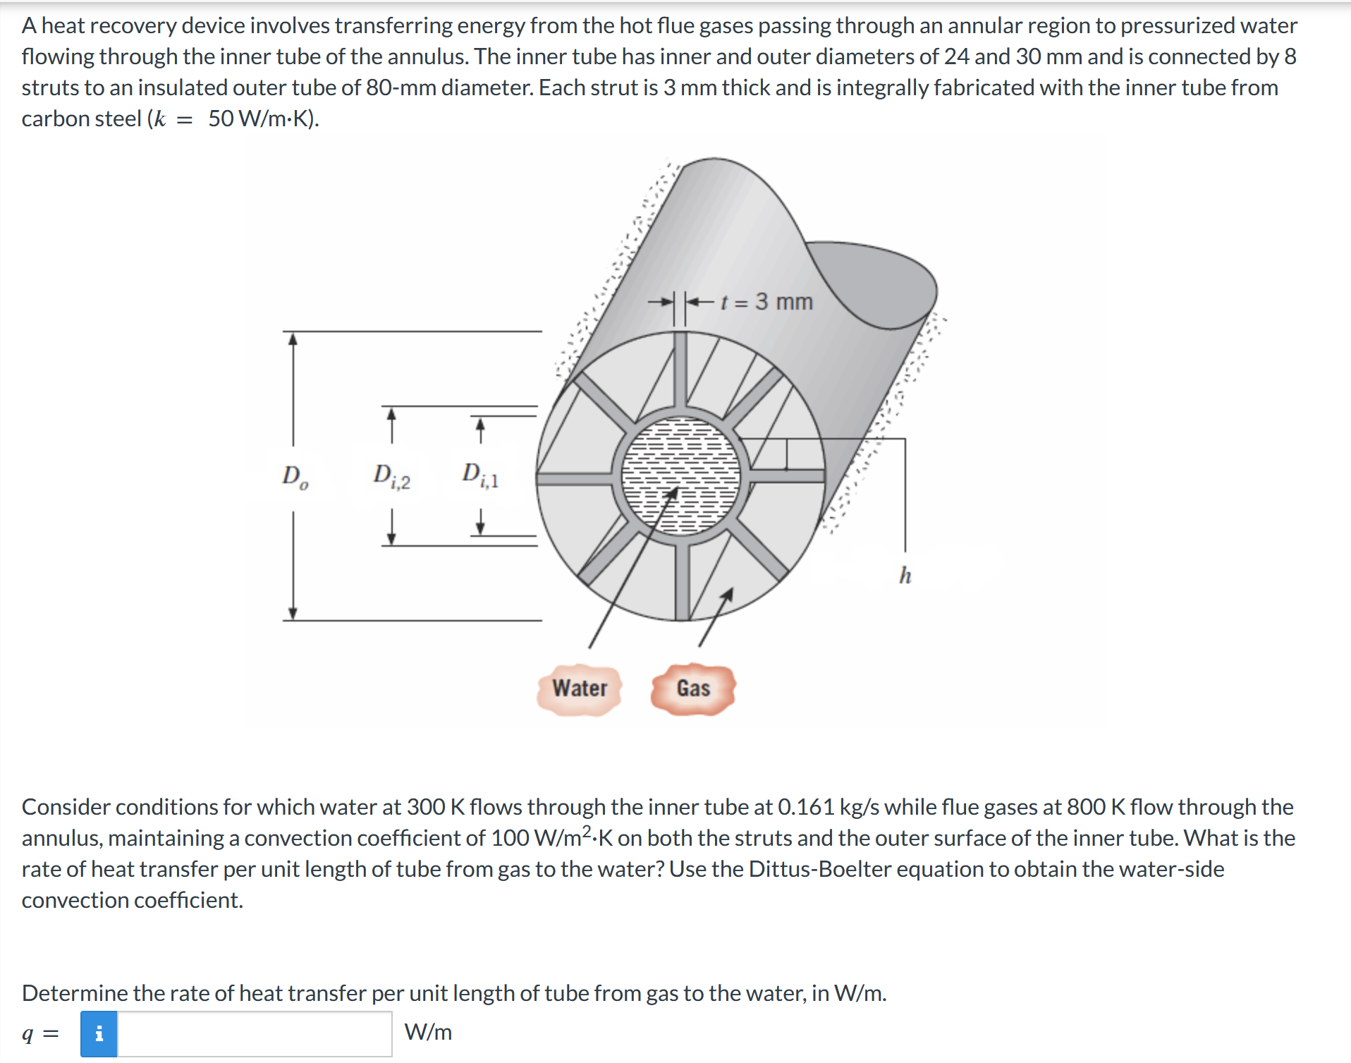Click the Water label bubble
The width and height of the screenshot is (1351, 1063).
579,688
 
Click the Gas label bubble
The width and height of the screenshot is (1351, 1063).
693,688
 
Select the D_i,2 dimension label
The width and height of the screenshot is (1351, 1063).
391,477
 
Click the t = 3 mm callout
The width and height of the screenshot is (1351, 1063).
766,302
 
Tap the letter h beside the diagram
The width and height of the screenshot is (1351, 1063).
905,576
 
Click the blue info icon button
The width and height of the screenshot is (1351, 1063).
99,1033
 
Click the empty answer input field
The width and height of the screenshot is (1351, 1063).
254,1033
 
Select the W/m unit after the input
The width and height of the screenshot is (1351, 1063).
428,1033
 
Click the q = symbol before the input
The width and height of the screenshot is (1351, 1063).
40,1034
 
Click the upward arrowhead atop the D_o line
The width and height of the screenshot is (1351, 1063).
293,339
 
